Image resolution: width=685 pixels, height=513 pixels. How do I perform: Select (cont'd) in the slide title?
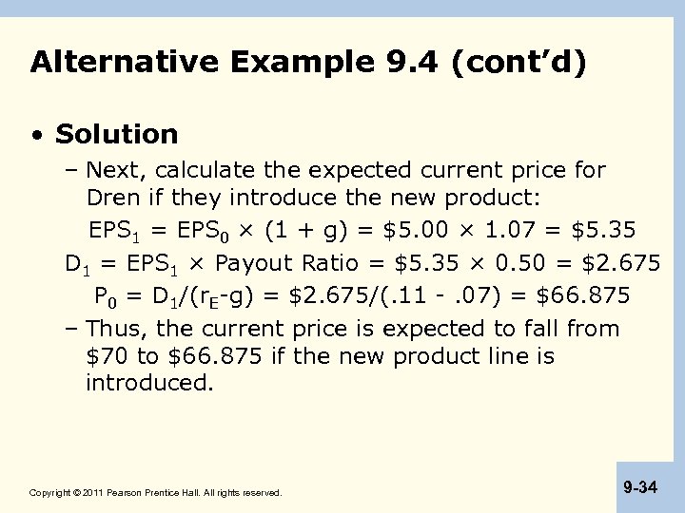click(519, 63)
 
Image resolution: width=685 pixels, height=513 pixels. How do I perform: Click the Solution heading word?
click(116, 134)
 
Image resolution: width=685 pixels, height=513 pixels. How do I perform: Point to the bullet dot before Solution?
click(36, 135)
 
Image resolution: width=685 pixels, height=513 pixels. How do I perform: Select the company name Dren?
click(113, 198)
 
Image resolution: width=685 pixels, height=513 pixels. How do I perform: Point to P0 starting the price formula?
click(106, 296)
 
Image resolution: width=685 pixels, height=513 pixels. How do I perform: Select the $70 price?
click(106, 357)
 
